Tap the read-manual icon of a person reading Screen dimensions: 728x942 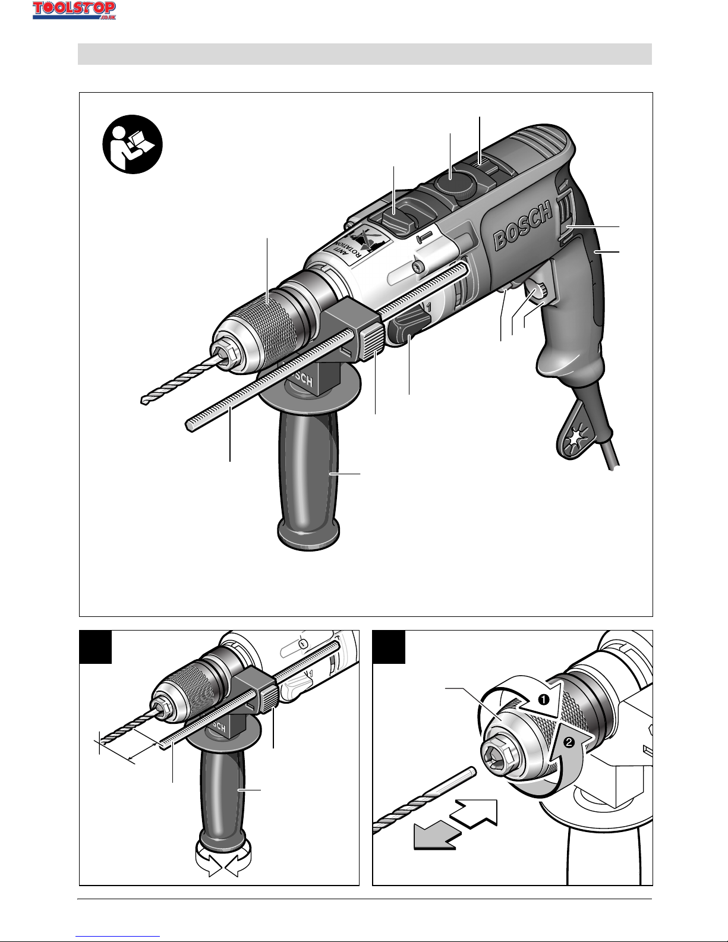pos(133,144)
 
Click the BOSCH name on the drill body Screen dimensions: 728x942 pos(523,226)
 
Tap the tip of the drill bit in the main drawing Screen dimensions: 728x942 pos(143,401)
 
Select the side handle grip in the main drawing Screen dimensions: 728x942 pos(308,477)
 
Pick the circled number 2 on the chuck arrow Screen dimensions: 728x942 pos(569,742)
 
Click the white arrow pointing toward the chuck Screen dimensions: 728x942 pos(474,814)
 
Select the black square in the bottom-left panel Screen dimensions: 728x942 pos(95,647)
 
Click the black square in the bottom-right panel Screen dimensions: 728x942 pos(389,647)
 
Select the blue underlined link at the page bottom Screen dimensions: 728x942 pos(118,935)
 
